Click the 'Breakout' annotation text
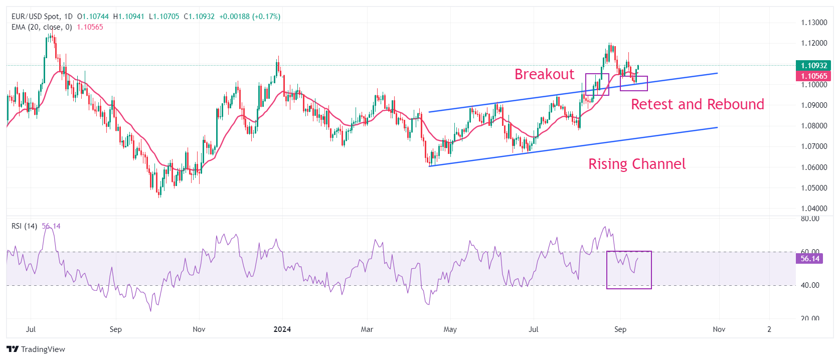[x=544, y=74]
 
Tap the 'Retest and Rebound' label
[x=697, y=104]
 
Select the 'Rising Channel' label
[x=636, y=164]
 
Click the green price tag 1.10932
[x=813, y=66]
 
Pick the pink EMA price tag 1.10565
[x=813, y=76]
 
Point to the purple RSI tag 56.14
[x=809, y=259]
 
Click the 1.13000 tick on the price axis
[x=813, y=23]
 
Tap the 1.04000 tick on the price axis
[x=813, y=209]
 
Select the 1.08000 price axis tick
[x=813, y=126]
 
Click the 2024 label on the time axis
[x=282, y=329]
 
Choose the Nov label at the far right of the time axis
[x=719, y=329]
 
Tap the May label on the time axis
[x=450, y=329]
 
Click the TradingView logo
[x=36, y=349]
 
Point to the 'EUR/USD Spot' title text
[x=35, y=17]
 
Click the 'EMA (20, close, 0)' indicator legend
[x=42, y=27]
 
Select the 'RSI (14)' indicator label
[x=24, y=226]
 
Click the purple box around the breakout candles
[x=597, y=84]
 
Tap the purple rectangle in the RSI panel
[x=629, y=270]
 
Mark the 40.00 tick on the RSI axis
[x=810, y=285]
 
